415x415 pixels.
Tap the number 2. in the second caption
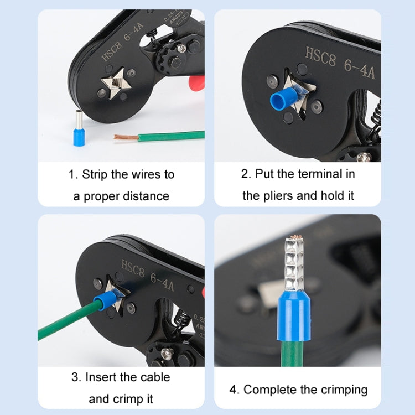pos(246,174)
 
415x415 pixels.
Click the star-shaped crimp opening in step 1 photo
pos(116,84)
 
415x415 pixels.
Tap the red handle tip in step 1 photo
pos(196,83)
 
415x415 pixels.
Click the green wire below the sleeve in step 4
pos(293,354)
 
